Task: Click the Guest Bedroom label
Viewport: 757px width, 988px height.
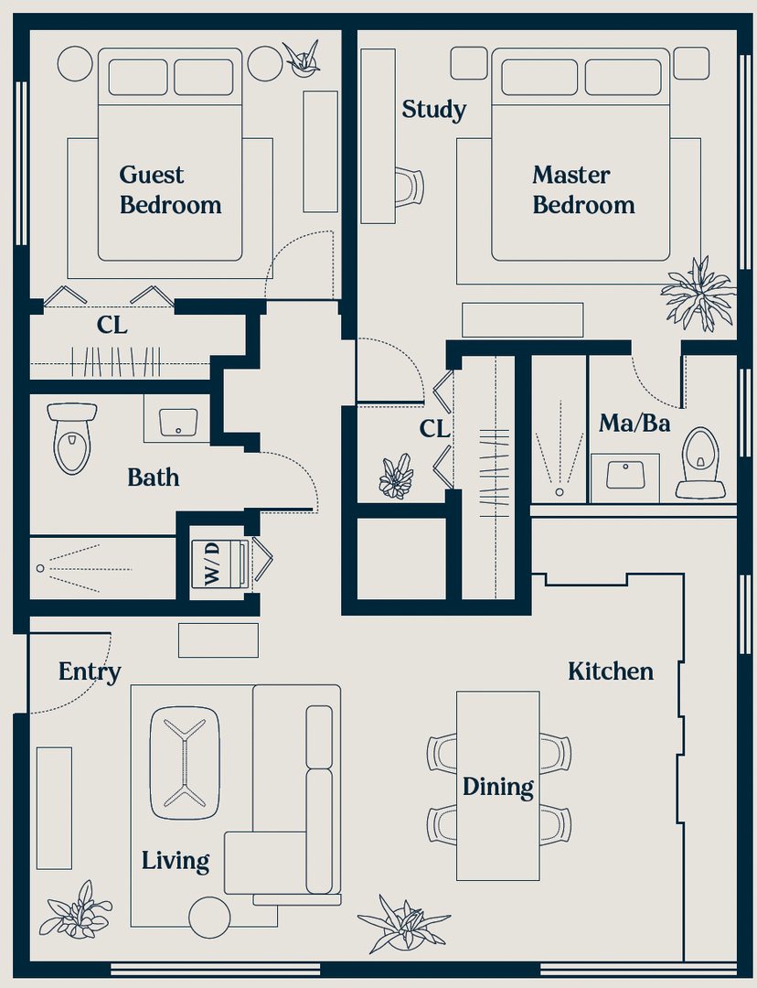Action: coord(170,189)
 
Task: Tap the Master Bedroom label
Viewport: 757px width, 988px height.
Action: coord(583,189)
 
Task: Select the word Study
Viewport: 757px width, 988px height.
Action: coord(434,109)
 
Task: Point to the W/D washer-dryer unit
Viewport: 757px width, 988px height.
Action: coord(219,564)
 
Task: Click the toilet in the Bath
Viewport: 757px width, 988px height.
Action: coord(72,438)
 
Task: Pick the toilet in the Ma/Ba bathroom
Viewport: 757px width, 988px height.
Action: coord(700,463)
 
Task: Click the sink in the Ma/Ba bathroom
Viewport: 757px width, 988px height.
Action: coord(624,475)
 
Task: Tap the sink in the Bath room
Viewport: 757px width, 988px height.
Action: coord(178,422)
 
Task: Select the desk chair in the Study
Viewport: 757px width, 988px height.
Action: coord(410,188)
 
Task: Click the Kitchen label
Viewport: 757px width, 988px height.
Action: coord(610,671)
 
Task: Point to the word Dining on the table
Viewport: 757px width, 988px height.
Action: coord(497,787)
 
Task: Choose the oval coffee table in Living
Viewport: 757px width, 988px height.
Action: coord(185,763)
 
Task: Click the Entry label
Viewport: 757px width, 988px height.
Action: coord(90,672)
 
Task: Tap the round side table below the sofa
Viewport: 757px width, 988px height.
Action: coord(209,918)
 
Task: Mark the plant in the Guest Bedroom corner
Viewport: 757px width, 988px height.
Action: coord(303,58)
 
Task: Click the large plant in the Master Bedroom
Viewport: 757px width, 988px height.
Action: coord(698,294)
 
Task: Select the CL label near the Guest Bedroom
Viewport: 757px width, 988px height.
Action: coord(112,325)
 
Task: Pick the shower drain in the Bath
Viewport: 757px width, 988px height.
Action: coord(40,568)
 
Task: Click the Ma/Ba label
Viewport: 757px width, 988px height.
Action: coord(634,423)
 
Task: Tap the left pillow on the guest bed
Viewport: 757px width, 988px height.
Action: coord(138,78)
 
